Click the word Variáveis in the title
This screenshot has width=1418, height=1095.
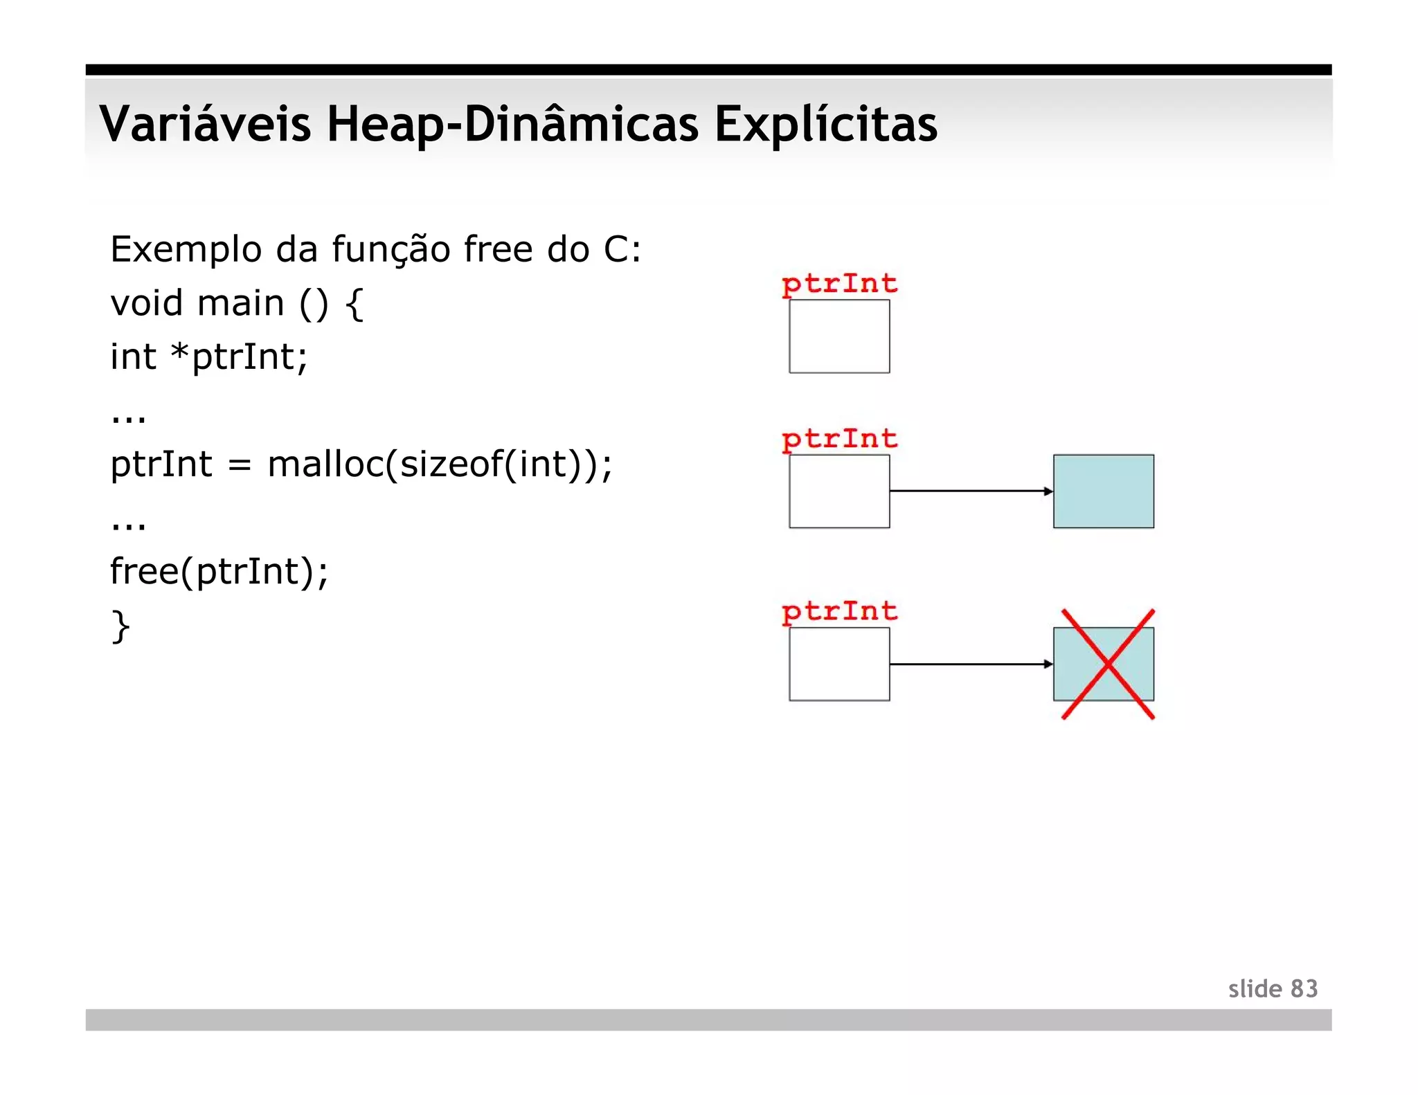(205, 125)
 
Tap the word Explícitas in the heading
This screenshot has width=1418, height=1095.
(825, 125)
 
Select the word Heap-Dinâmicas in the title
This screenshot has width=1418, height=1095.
(512, 125)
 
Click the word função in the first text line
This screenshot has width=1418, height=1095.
(391, 249)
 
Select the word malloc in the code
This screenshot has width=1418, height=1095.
(324, 464)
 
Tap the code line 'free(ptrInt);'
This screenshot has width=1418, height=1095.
(219, 572)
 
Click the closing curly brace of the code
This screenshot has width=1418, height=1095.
(120, 626)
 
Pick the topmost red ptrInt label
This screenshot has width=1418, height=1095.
(839, 284)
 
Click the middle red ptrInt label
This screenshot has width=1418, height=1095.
(839, 439)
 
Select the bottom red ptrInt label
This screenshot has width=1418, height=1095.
(839, 611)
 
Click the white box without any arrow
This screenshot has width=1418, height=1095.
(839, 336)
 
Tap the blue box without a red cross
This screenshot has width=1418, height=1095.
(1103, 491)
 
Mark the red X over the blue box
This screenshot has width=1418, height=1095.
(1108, 664)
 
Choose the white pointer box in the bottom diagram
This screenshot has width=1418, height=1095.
(839, 664)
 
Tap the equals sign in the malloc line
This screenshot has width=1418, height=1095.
(239, 465)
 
